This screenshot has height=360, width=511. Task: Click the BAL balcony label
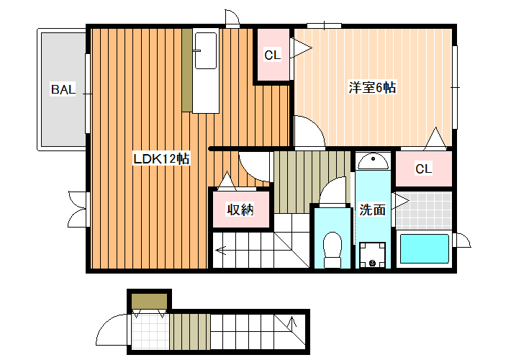[x=63, y=89]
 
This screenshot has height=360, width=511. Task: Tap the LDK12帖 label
[x=161, y=159]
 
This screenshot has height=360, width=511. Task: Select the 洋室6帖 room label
[x=372, y=87]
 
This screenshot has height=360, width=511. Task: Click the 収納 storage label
[x=240, y=210]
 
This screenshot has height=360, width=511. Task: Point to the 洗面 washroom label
[x=373, y=210]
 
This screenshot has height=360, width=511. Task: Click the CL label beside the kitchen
[x=273, y=55]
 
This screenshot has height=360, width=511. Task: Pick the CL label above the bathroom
[x=423, y=168]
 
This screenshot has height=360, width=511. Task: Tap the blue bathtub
[x=425, y=248]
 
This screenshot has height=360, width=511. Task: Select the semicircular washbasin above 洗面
[x=373, y=161]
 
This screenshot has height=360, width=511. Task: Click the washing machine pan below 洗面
[x=373, y=255]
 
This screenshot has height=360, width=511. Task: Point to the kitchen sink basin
[x=206, y=50]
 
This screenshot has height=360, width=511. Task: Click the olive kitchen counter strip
[x=187, y=70]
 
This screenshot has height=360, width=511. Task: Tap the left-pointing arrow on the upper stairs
[x=222, y=251]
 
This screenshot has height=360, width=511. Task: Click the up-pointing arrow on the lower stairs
[x=292, y=322]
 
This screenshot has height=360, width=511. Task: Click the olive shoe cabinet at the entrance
[x=150, y=301]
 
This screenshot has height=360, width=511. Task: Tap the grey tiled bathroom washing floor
[x=424, y=210]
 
